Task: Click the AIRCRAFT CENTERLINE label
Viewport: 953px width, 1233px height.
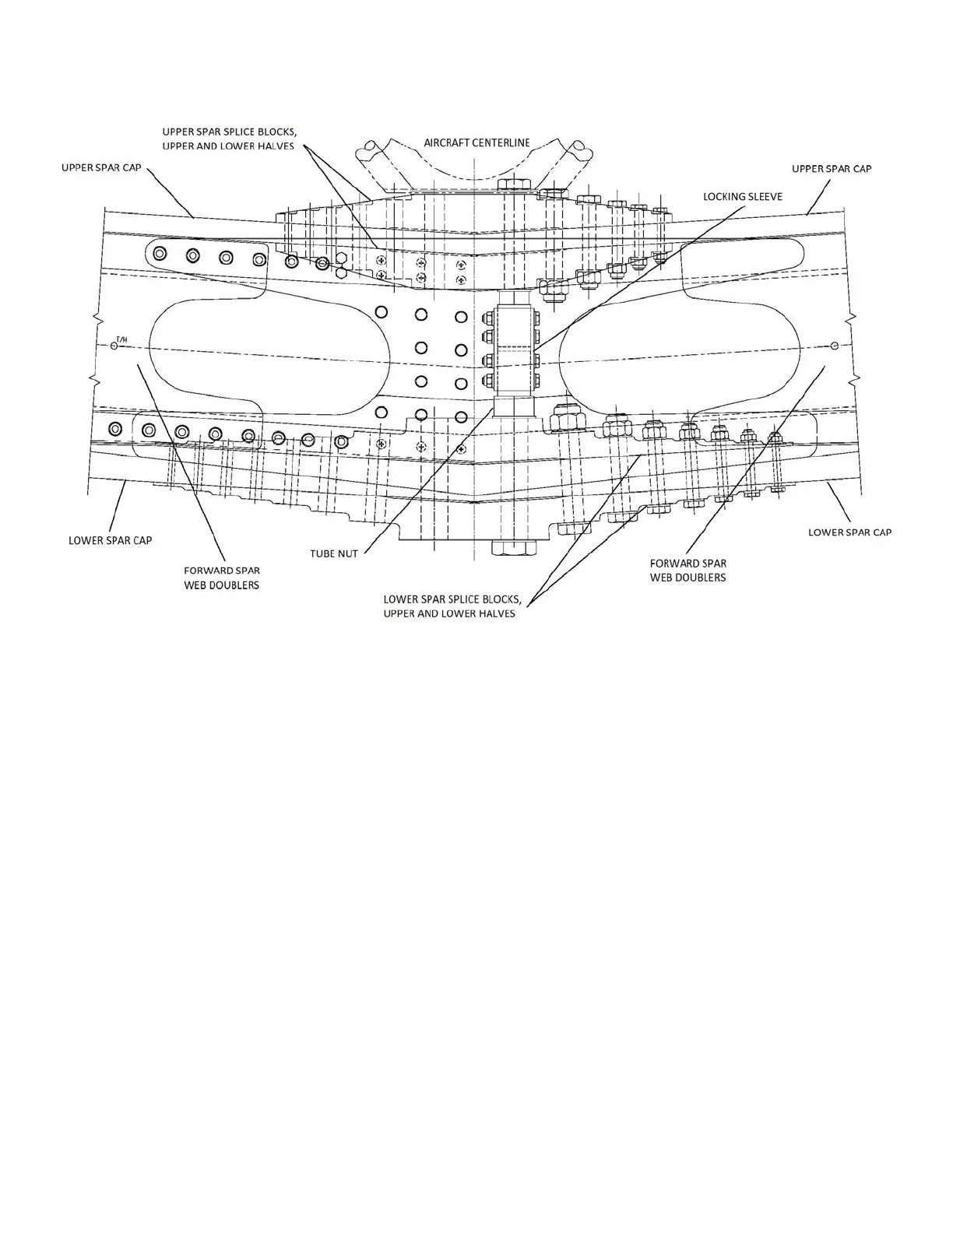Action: pyautogui.click(x=476, y=142)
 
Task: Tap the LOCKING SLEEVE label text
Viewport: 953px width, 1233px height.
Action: pyautogui.click(x=742, y=196)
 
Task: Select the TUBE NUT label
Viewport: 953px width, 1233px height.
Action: pyautogui.click(x=334, y=553)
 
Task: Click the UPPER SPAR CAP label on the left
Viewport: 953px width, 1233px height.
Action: pyautogui.click(x=101, y=167)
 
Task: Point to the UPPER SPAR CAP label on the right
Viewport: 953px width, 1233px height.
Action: pyautogui.click(x=832, y=168)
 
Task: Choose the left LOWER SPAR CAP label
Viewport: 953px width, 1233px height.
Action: pyautogui.click(x=110, y=540)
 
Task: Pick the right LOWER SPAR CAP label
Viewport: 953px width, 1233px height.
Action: pyautogui.click(x=849, y=532)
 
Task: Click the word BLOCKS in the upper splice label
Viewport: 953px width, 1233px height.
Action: pyautogui.click(x=273, y=131)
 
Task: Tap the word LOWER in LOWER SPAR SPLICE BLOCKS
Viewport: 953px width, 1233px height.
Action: pyautogui.click(x=399, y=599)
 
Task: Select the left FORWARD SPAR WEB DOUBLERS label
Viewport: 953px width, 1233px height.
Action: pyautogui.click(x=222, y=578)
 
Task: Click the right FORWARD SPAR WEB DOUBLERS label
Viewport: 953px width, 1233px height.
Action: pyautogui.click(x=687, y=570)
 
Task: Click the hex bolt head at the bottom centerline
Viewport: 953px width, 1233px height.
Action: pyautogui.click(x=514, y=547)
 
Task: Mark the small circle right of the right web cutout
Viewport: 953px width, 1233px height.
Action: pyautogui.click(x=835, y=345)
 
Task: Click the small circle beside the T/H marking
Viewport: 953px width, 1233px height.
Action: pyautogui.click(x=114, y=345)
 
